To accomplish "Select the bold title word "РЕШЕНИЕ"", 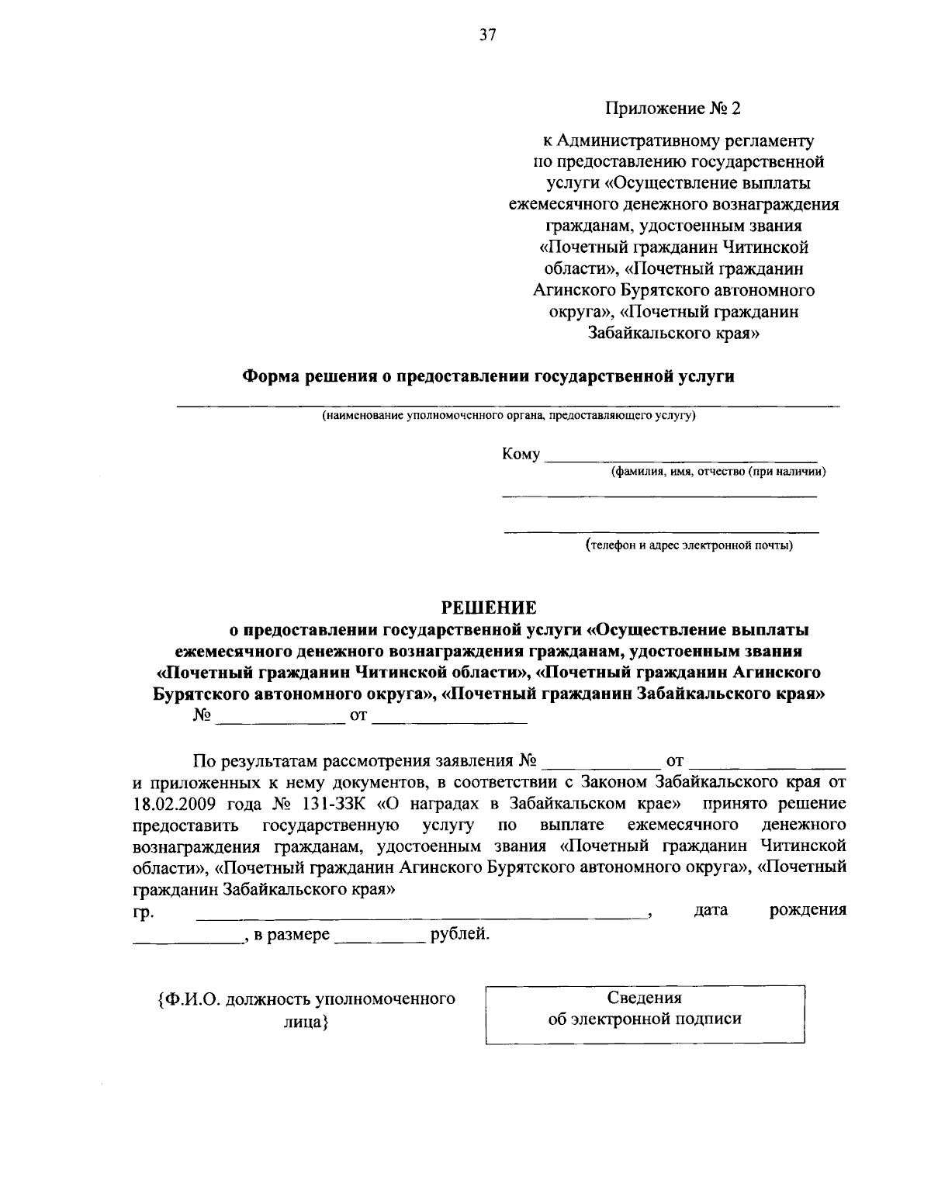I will click(489, 606).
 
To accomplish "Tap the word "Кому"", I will click(521, 455).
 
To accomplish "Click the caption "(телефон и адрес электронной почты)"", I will click(689, 545).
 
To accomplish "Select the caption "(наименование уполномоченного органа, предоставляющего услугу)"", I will click(509, 416).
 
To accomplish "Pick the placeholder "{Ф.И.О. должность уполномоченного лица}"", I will click(306, 1010).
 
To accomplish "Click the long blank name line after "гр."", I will click(423, 914).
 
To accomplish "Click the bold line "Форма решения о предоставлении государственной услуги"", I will click(489, 376).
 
